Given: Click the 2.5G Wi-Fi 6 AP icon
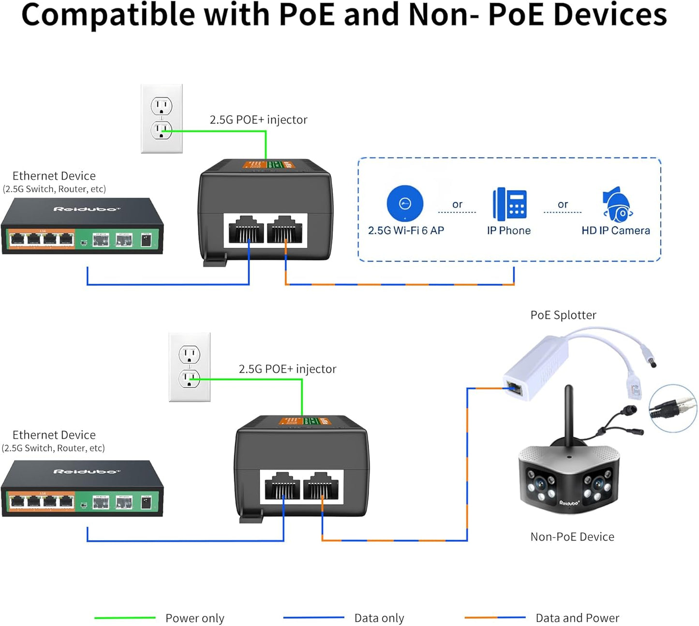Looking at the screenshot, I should (x=405, y=204).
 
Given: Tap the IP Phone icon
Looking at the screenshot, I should (x=509, y=204).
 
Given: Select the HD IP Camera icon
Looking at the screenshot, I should (x=617, y=205).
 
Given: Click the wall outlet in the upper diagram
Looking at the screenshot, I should (x=162, y=119).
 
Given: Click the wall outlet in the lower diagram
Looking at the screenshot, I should (x=190, y=367).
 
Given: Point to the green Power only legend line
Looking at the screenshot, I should (x=125, y=618).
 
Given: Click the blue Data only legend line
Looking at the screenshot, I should (x=313, y=618).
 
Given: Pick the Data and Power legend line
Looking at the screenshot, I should (x=495, y=618).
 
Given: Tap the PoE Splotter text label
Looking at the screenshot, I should (x=563, y=315).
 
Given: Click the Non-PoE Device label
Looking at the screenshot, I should (x=572, y=537).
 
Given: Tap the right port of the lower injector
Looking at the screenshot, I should (x=321, y=486).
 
